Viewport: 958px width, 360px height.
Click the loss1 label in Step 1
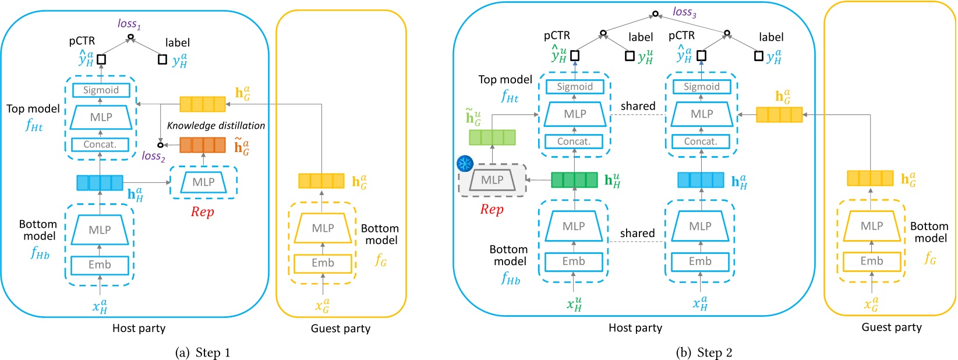129,24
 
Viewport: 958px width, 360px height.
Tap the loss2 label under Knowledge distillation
153,156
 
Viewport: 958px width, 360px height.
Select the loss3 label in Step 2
684,12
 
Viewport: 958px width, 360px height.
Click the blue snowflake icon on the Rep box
465,164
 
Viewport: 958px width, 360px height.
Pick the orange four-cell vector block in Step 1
202,145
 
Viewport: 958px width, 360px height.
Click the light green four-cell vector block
492,137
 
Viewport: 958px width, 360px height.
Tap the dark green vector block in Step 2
574,179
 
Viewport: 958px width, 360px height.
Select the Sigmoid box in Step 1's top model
101,90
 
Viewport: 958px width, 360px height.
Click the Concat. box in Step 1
100,144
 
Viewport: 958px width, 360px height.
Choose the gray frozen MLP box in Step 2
492,181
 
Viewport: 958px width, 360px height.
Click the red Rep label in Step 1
202,212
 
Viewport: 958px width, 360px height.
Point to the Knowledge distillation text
215,125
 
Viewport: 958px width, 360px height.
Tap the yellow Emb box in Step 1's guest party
323,263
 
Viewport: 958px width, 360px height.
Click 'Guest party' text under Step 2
891,327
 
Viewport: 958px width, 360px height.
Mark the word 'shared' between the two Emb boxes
637,233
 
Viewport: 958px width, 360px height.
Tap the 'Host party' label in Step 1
139,329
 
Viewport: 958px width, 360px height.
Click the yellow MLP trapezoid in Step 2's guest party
871,226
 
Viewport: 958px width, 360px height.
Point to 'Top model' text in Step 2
505,80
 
